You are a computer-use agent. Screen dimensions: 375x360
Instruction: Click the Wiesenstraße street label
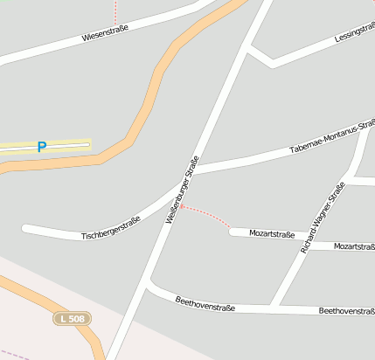(x=105, y=35)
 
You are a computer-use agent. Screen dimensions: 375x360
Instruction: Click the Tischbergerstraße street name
(x=110, y=230)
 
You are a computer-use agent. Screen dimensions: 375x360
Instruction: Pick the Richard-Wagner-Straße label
(x=322, y=218)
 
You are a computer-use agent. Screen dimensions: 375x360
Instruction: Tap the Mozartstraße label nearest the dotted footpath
(x=272, y=234)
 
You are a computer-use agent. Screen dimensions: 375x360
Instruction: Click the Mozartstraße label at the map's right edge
(x=353, y=247)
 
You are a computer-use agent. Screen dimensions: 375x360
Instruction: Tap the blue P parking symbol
(x=41, y=147)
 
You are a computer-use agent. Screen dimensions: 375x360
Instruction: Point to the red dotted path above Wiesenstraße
(x=115, y=12)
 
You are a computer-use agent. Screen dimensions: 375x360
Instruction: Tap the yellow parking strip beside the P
(x=70, y=144)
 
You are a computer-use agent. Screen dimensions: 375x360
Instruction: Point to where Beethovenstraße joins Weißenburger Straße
(x=148, y=285)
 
